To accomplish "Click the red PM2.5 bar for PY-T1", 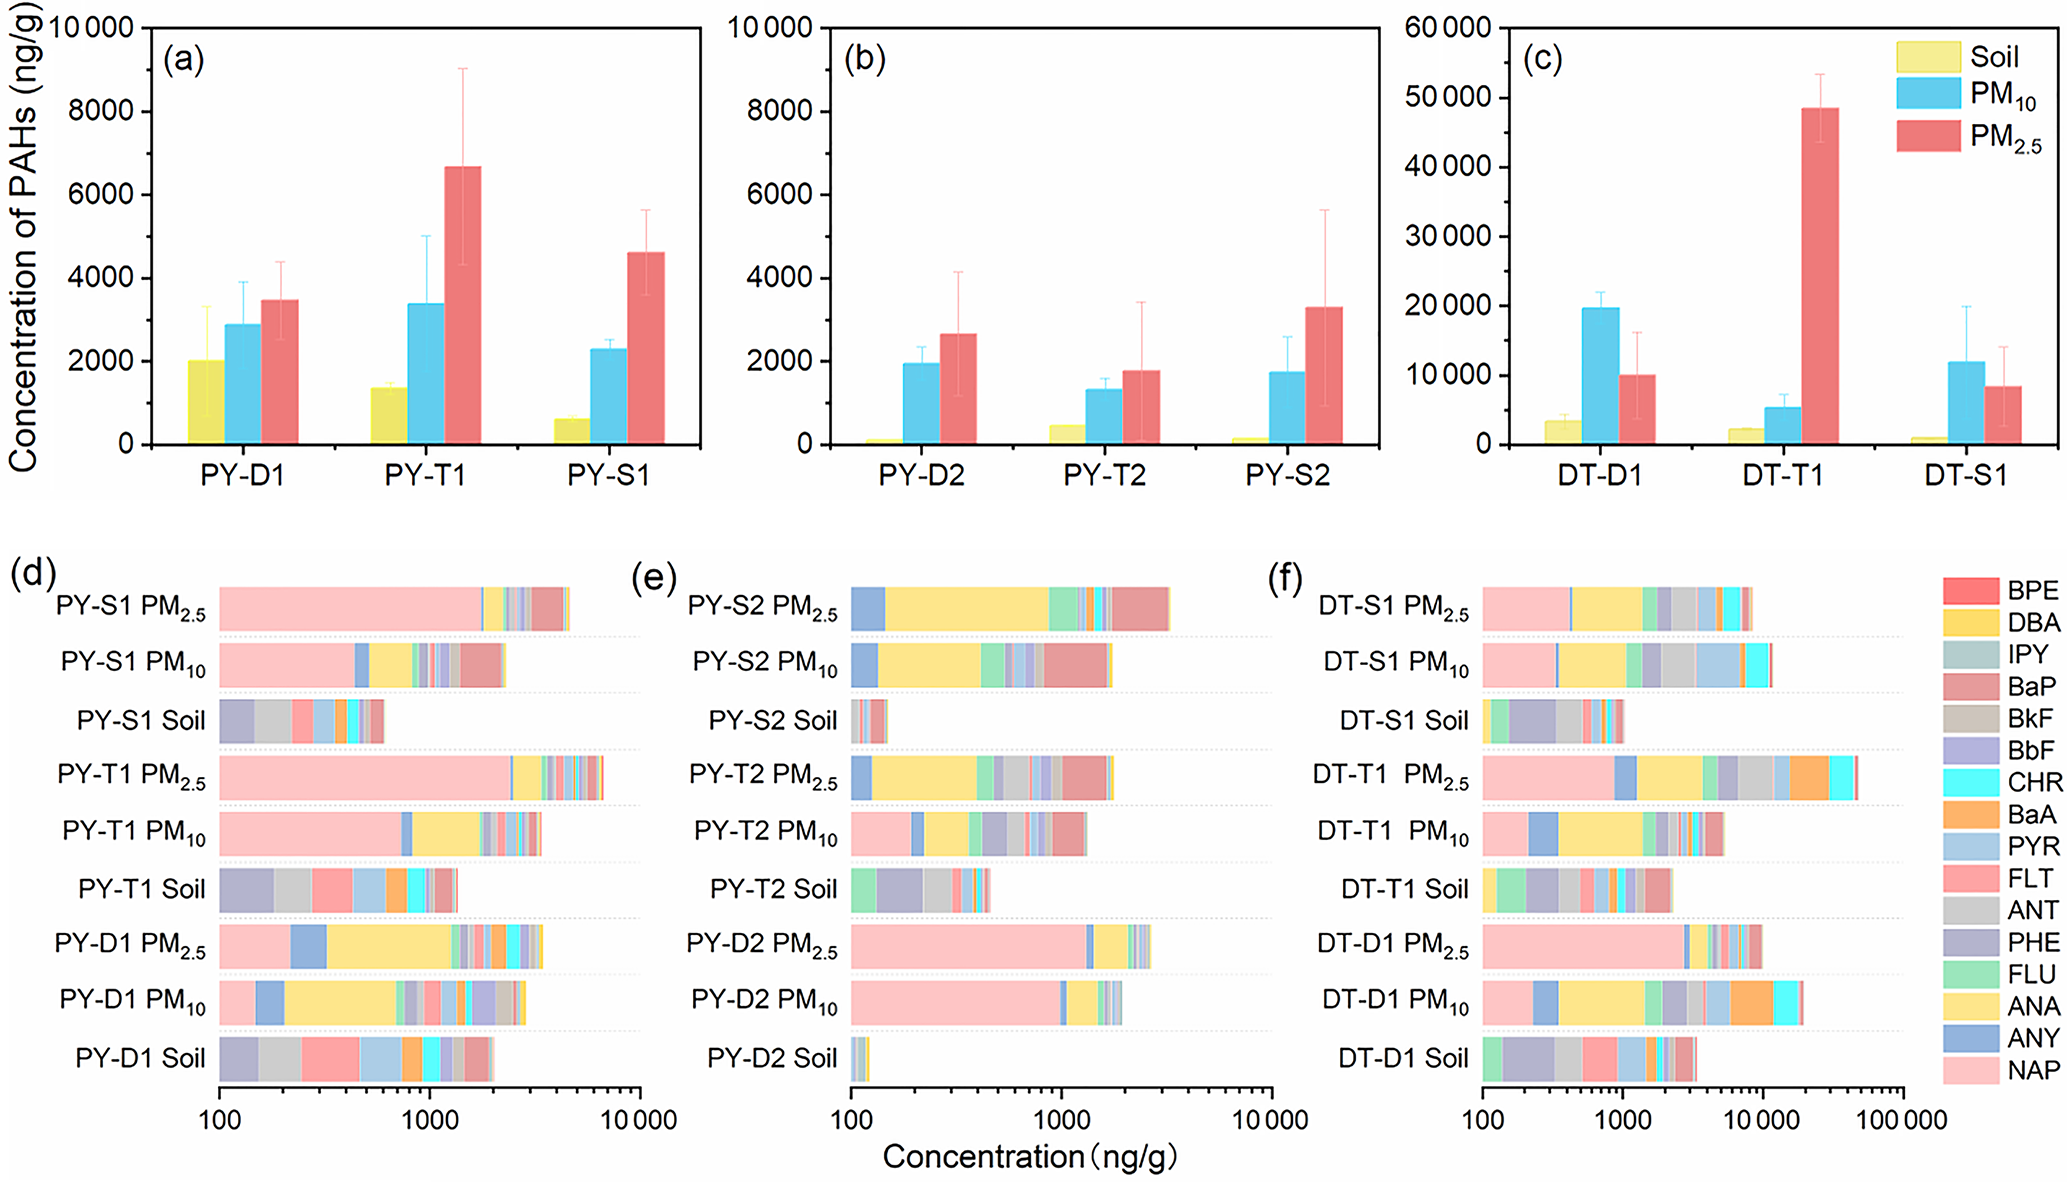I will [x=463, y=305].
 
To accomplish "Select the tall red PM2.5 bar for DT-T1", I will [x=1820, y=275].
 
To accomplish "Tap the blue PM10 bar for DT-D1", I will [x=1600, y=375].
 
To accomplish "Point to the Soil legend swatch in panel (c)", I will [x=1927, y=57].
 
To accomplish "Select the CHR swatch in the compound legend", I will [x=1971, y=782].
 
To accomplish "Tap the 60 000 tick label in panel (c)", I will [x=1447, y=28].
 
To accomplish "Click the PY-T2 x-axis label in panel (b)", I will [x=1104, y=475].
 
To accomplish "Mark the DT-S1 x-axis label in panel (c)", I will [x=1965, y=475].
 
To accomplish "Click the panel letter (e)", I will [x=654, y=577].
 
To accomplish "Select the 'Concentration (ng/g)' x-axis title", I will [x=1030, y=1157].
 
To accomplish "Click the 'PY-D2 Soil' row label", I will [x=771, y=1058].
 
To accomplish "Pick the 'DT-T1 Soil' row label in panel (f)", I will [x=1404, y=889].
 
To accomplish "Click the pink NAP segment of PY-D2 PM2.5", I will [x=968, y=946].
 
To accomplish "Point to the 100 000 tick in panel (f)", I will [x=1901, y=1120].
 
